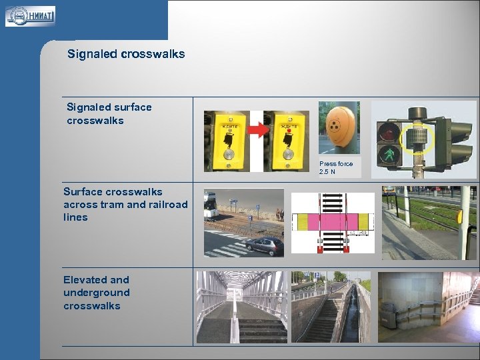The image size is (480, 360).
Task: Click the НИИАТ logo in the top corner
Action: [30, 16]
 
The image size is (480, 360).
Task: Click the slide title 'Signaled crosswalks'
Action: [126, 54]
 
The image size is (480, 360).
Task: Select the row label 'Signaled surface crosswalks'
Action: [109, 113]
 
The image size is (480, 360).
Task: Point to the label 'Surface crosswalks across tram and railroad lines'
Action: [125, 204]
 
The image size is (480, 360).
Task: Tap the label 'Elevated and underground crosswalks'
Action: [96, 293]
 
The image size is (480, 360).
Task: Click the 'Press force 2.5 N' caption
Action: [336, 167]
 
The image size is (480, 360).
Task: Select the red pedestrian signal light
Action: [388, 132]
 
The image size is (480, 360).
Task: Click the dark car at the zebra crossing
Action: [264, 245]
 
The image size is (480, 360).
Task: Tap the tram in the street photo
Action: [211, 205]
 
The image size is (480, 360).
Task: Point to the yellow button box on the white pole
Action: [461, 216]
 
